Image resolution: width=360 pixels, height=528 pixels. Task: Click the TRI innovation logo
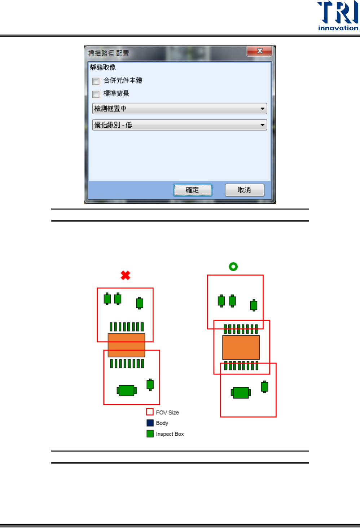coord(338,16)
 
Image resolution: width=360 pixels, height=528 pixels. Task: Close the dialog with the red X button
coord(259,51)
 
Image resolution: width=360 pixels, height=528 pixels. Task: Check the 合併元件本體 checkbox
coord(96,81)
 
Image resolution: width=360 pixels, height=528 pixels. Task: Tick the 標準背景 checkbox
coord(96,94)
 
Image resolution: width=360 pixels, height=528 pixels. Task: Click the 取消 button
coord(244,190)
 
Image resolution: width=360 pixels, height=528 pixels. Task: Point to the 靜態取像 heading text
coord(103,67)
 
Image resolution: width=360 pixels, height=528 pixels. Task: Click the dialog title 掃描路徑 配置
coord(109,53)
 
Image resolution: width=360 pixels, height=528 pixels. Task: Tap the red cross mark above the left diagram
coord(126,276)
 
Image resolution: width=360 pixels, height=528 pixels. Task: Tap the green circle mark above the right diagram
coord(233,267)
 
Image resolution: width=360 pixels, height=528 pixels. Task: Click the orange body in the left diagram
coord(126,345)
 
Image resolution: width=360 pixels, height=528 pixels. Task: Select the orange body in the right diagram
coord(241,348)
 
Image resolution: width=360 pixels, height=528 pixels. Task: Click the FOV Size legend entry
coord(167,412)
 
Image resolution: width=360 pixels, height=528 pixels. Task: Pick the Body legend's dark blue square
coord(150,423)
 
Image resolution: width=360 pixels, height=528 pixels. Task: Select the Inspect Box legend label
coord(170,434)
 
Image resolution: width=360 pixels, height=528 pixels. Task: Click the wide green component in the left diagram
coord(127,390)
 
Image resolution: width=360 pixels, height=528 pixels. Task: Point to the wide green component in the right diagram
coord(241,392)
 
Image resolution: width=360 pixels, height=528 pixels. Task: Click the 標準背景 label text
coord(116,94)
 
